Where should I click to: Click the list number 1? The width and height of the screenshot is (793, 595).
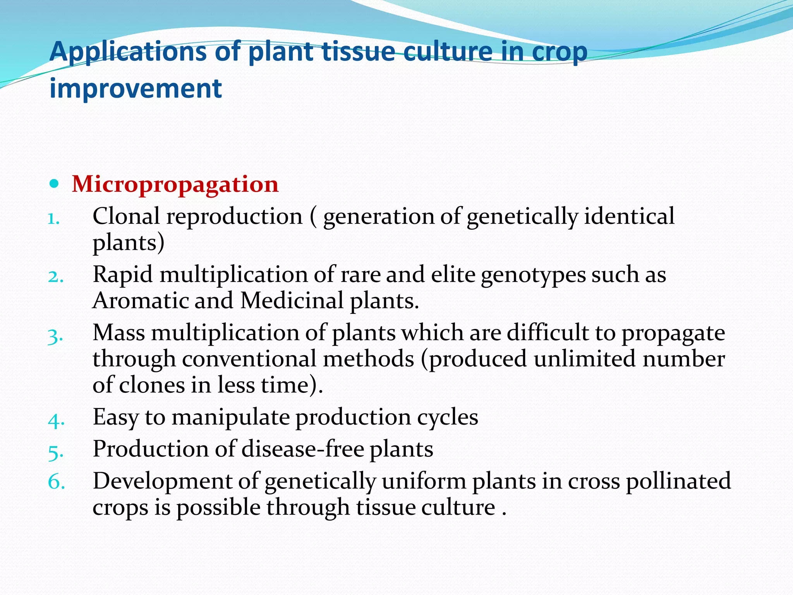(x=53, y=219)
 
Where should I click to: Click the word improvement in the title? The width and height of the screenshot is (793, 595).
(x=136, y=88)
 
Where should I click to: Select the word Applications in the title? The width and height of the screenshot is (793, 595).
(x=128, y=52)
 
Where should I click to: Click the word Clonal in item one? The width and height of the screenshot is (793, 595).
(x=126, y=216)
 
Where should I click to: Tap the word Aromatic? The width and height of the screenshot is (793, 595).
(x=141, y=300)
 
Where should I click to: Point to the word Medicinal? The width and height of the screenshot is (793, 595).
(x=292, y=300)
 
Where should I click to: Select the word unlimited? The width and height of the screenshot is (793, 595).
(x=584, y=358)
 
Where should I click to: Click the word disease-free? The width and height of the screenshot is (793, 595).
(x=303, y=449)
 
